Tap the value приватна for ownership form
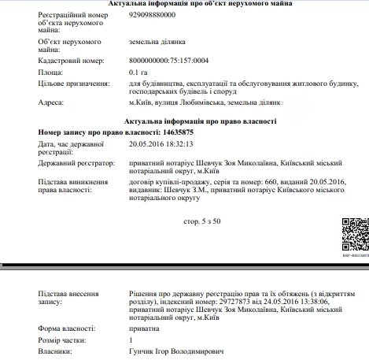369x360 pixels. [x=144, y=327]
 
